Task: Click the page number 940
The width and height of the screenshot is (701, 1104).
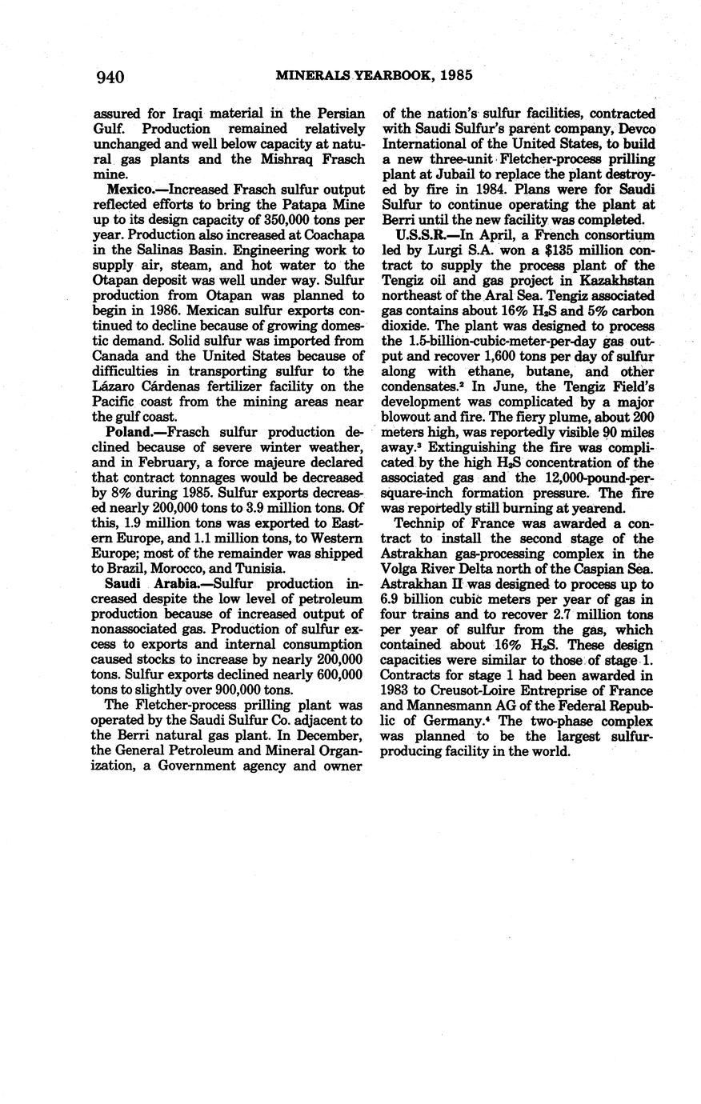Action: tap(110, 77)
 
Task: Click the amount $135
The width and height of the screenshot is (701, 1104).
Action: tap(530, 250)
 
